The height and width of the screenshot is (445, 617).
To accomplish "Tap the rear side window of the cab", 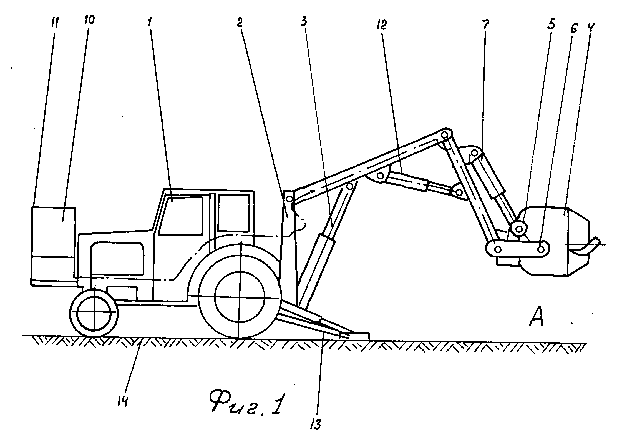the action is coord(234,212).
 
